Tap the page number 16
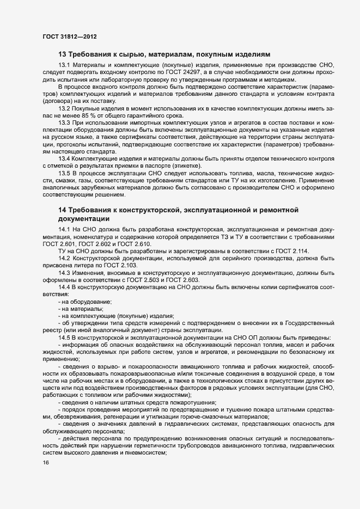[x=46, y=463]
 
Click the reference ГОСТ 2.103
[x=118, y=264]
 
